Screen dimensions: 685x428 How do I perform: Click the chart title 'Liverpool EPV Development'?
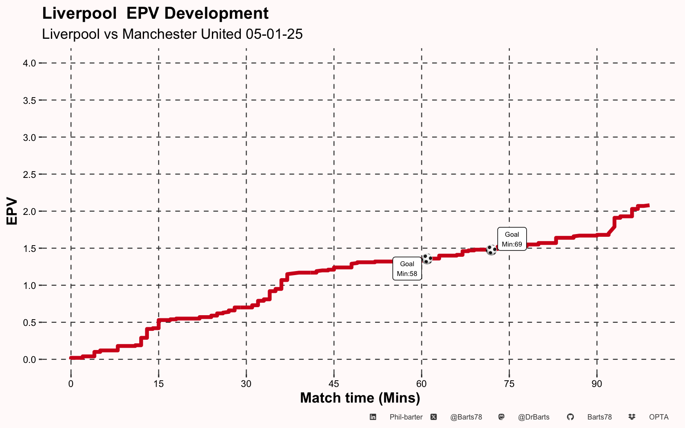(155, 14)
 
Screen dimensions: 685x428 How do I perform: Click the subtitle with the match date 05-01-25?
(172, 34)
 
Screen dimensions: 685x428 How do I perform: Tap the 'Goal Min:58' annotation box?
(407, 268)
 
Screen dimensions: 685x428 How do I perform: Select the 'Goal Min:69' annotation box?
(512, 239)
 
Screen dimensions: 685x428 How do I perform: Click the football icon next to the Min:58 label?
(427, 259)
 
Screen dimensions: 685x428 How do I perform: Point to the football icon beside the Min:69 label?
(491, 250)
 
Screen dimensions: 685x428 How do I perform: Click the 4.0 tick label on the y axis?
(29, 63)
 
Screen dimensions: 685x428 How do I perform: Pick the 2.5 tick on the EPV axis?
(29, 175)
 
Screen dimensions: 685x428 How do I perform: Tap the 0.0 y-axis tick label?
(29, 359)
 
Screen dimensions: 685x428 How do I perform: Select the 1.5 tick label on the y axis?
(29, 248)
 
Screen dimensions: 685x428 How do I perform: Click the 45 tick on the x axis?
(334, 384)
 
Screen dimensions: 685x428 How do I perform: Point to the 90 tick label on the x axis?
(597, 384)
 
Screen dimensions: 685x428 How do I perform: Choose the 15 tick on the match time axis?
(159, 384)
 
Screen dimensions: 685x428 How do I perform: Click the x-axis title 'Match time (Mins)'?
(360, 398)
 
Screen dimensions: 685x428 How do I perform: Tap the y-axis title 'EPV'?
(12, 211)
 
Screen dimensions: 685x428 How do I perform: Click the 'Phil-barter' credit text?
(406, 417)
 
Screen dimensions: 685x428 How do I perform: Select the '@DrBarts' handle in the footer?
(534, 417)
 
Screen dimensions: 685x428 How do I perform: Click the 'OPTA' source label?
(659, 417)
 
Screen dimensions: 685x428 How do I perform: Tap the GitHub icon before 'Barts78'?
(570, 417)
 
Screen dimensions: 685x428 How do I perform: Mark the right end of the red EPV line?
(649, 206)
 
